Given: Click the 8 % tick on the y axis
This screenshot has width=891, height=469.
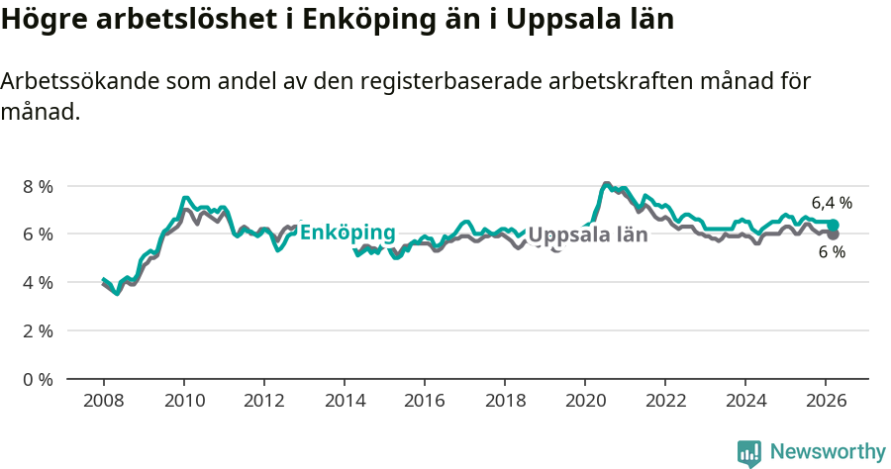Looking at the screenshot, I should tap(38, 186).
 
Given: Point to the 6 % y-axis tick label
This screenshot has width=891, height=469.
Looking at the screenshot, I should tap(38, 234).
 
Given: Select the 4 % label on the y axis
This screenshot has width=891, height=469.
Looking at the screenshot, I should tap(38, 282).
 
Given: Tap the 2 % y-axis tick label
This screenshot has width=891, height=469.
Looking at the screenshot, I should tap(38, 330).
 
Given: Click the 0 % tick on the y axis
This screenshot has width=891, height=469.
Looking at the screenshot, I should tap(38, 379).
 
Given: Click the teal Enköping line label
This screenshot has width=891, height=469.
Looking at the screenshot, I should tap(346, 234).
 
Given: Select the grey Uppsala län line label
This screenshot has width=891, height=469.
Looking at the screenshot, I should tap(588, 235).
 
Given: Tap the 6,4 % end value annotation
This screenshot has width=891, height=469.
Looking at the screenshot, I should tap(832, 203).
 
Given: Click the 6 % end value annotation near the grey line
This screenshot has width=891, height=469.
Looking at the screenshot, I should tap(832, 253).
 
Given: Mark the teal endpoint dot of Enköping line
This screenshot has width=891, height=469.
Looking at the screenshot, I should tap(834, 226).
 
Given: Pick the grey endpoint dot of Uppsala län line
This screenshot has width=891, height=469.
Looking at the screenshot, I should tap(834, 234).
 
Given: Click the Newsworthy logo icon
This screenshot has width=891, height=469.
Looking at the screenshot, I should tap(749, 453).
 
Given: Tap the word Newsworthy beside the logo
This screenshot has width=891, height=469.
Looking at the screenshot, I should tap(828, 452).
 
